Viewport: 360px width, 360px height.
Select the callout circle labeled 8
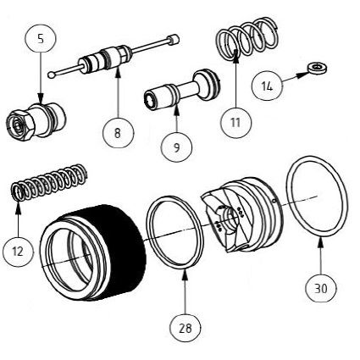pos(117,132)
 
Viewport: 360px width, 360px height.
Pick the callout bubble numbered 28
pos(186,325)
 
